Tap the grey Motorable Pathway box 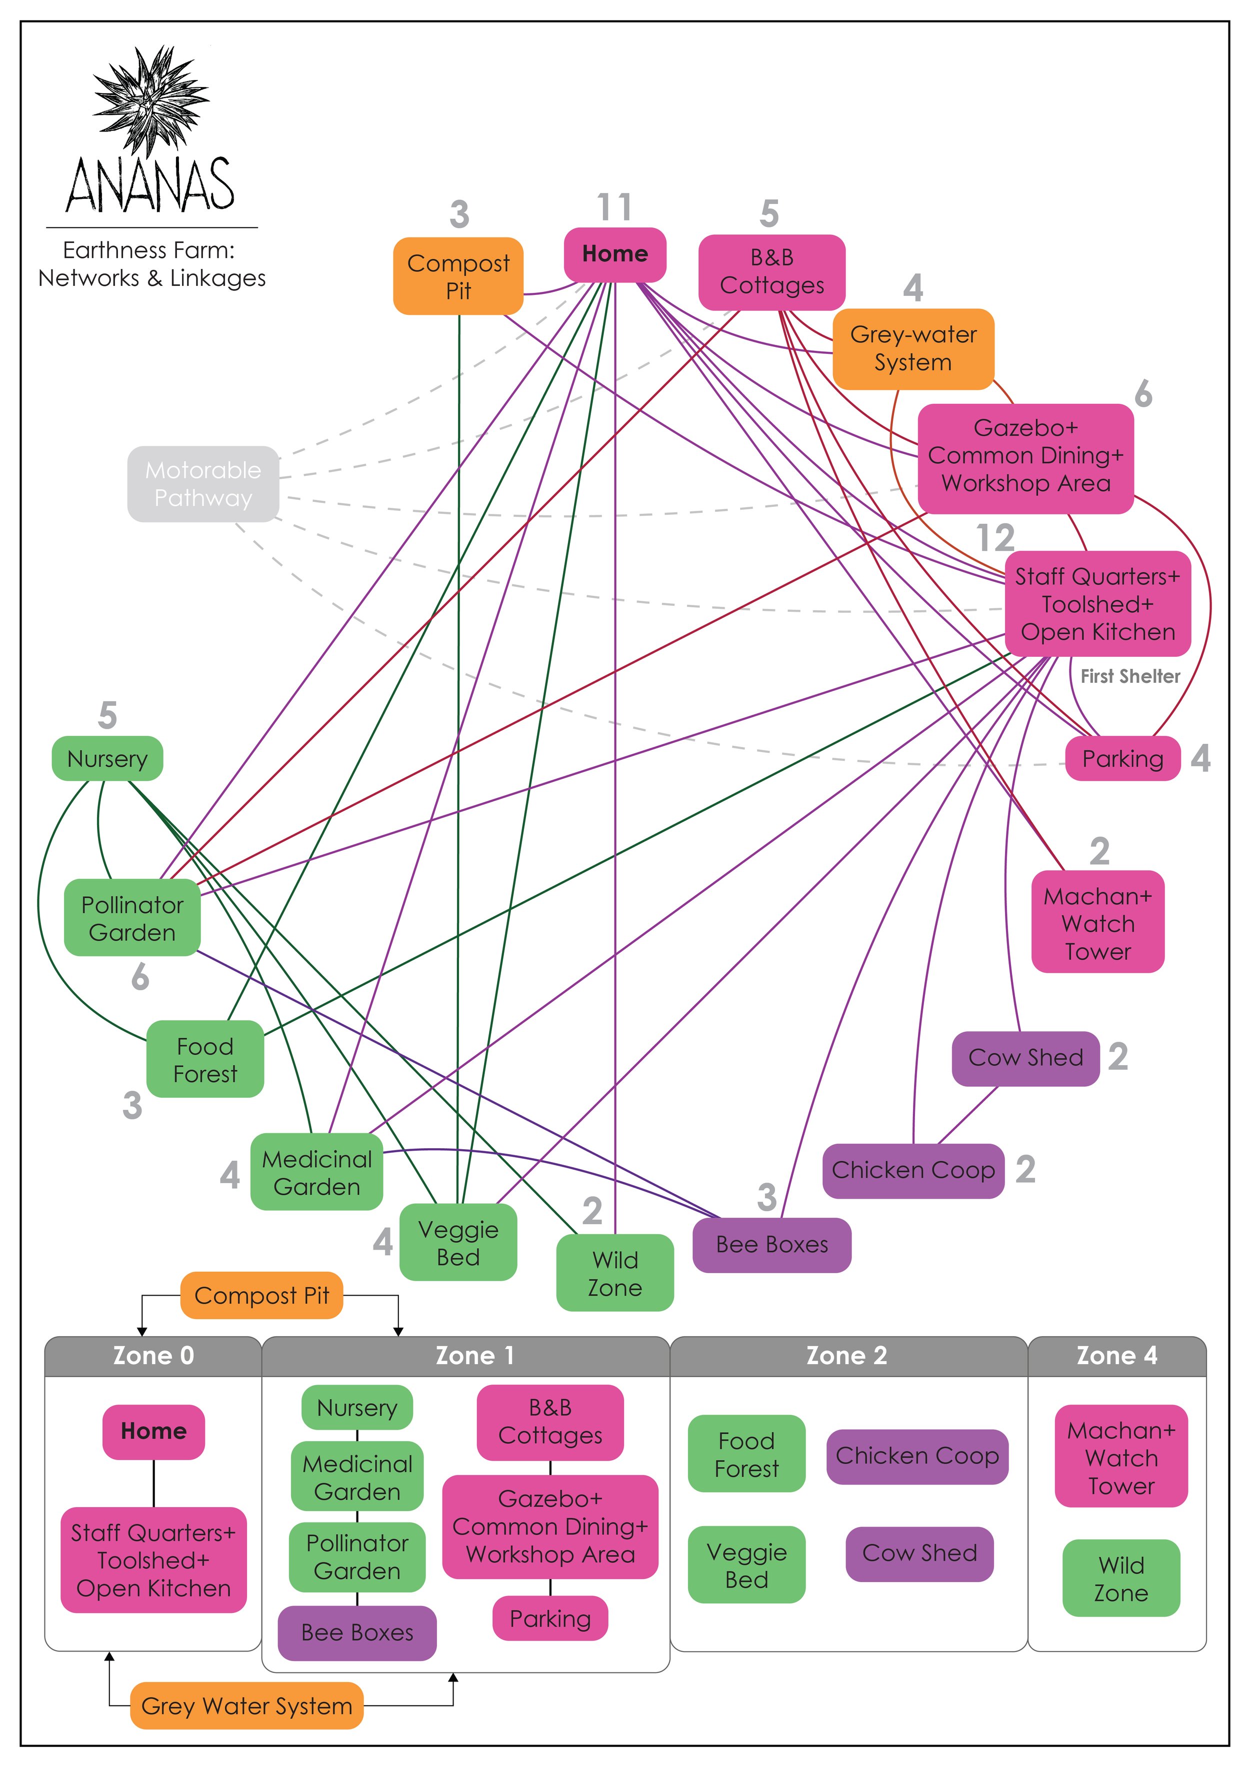[x=203, y=484]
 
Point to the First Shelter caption [x=1129, y=676]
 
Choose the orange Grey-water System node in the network [x=913, y=348]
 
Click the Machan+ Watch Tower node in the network [x=1097, y=923]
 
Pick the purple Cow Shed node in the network [x=1024, y=1058]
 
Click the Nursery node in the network [x=107, y=759]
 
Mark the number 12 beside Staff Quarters [x=994, y=538]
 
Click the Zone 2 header [x=846, y=1355]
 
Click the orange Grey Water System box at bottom [x=246, y=1706]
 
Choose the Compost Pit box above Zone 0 [x=261, y=1295]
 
